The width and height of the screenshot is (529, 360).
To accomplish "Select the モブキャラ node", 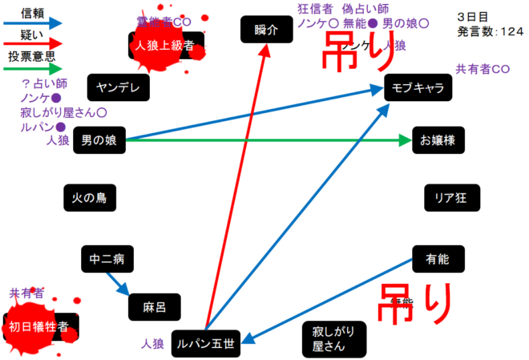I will [x=418, y=88].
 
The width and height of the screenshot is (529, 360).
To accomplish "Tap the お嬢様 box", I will [x=438, y=140].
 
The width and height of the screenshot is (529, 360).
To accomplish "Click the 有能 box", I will [x=438, y=258].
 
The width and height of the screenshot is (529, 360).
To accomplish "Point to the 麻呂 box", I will [x=154, y=307].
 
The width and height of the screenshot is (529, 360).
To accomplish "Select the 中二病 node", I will [x=107, y=259].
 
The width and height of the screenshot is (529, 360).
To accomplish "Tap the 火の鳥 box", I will [x=89, y=197].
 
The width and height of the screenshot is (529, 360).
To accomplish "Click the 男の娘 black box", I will [x=99, y=140].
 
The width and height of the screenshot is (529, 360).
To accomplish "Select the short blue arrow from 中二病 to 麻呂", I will [x=117, y=281].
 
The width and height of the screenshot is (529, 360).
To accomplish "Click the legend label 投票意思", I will [x=31, y=58].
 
